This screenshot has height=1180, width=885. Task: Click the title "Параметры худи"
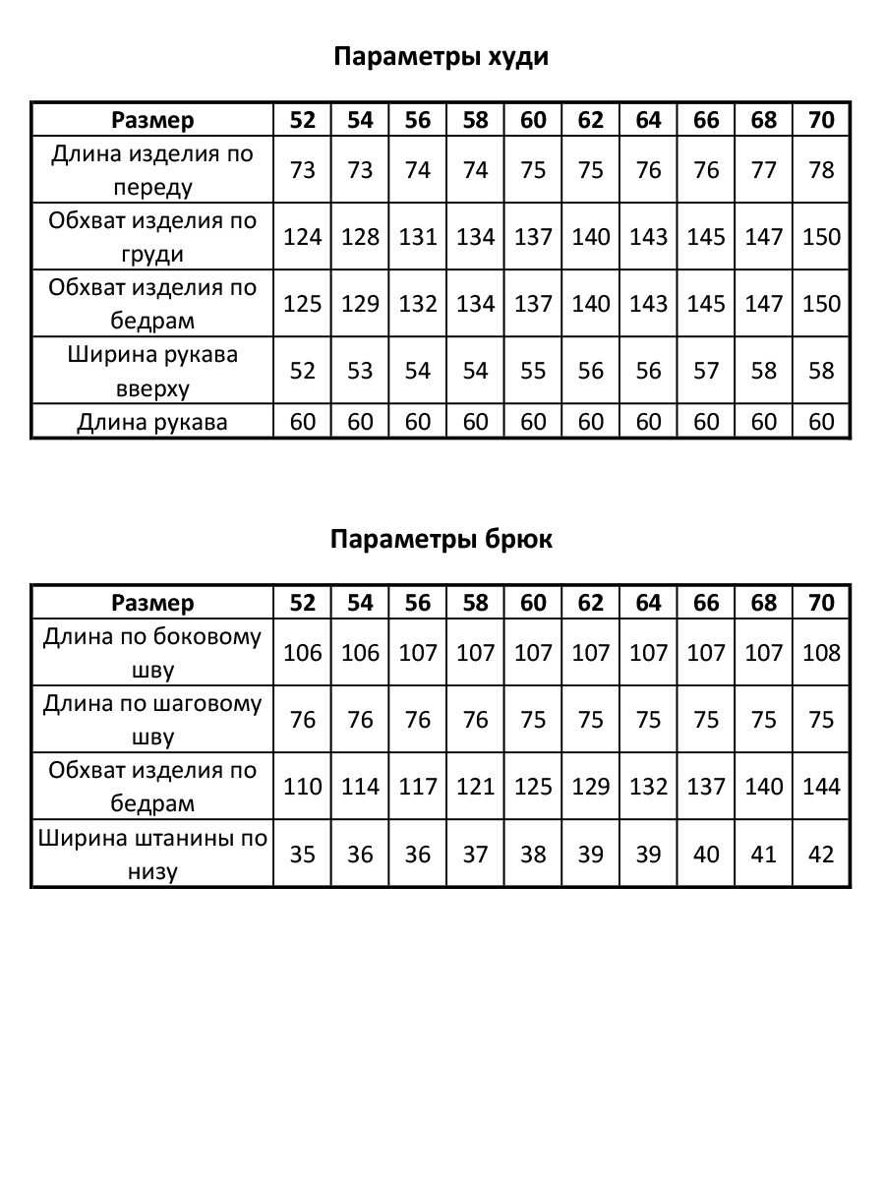(x=442, y=57)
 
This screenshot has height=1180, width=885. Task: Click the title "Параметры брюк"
(x=442, y=540)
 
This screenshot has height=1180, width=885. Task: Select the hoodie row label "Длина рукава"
(x=152, y=422)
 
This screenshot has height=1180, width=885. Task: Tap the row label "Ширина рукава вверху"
(x=152, y=371)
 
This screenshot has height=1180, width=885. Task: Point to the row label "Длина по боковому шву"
(x=152, y=653)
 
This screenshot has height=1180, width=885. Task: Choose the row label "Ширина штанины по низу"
(x=152, y=855)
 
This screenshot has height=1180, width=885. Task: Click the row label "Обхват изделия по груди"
(x=152, y=237)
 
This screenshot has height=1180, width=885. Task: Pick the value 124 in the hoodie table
(x=303, y=237)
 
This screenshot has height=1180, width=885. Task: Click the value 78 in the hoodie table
(x=821, y=170)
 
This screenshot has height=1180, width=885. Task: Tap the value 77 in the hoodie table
(x=764, y=170)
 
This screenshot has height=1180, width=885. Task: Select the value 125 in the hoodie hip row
(x=303, y=304)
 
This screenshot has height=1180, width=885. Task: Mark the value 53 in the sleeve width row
(x=361, y=371)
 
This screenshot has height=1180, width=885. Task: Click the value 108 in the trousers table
(x=821, y=653)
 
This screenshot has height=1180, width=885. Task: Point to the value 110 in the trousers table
(x=303, y=787)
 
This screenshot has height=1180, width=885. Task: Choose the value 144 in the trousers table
(x=821, y=787)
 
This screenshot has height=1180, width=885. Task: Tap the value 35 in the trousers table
(x=303, y=855)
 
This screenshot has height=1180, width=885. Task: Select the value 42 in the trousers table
(x=821, y=855)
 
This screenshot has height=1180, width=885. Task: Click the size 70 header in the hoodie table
(x=821, y=120)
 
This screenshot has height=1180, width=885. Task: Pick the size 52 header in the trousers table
(x=303, y=602)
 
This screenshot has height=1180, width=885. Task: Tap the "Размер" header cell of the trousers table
(x=152, y=602)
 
